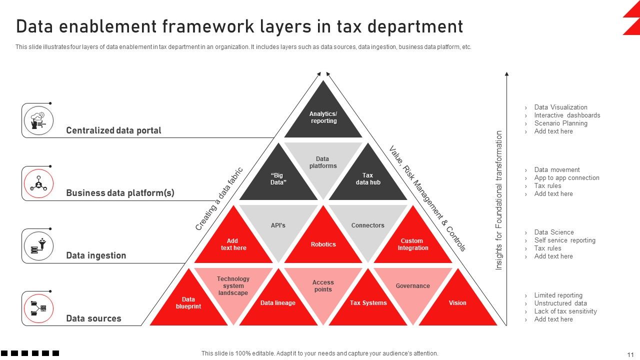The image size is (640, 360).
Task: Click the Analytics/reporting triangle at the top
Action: pyautogui.click(x=323, y=117)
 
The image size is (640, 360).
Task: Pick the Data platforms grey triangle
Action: pyautogui.click(x=323, y=163)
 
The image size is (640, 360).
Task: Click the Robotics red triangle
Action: pyautogui.click(x=323, y=244)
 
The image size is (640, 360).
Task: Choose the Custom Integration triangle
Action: pyautogui.click(x=413, y=244)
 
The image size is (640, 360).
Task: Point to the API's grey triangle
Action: pyautogui.click(x=278, y=226)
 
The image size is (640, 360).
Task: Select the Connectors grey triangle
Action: pyautogui.click(x=368, y=226)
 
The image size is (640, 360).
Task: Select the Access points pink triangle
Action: pyautogui.click(x=323, y=286)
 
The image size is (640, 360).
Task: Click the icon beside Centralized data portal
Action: pyautogui.click(x=38, y=120)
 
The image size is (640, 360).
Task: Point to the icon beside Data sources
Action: pyautogui.click(x=38, y=308)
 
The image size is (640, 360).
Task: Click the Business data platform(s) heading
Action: pyautogui.click(x=120, y=193)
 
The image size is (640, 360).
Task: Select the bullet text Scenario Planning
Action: pyautogui.click(x=560, y=123)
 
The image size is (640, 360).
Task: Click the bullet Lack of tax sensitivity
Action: pyautogui.click(x=565, y=311)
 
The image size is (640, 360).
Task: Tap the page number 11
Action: pyautogui.click(x=630, y=354)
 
